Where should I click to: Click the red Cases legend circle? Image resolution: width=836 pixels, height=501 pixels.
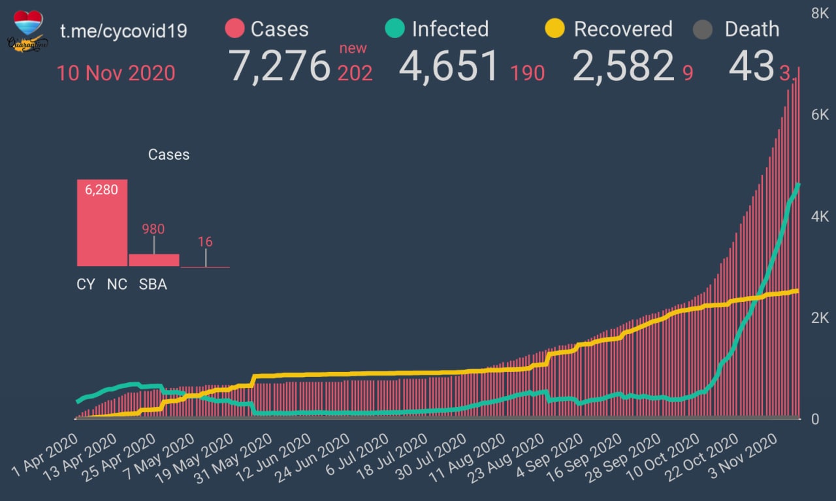[234, 29]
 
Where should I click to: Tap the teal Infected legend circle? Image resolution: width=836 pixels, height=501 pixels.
[395, 29]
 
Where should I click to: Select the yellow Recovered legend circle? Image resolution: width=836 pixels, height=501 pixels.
[555, 29]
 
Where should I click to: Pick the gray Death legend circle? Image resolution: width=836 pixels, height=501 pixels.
[703, 29]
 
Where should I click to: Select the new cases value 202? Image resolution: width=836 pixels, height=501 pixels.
[355, 72]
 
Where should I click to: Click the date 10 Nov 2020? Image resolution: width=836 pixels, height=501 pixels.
[116, 72]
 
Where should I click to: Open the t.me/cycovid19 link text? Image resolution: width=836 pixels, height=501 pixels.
[123, 31]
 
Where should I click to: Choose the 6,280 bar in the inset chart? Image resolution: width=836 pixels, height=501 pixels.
[102, 222]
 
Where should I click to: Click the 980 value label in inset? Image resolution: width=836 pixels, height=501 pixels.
[153, 229]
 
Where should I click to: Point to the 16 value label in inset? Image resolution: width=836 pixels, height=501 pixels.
[205, 242]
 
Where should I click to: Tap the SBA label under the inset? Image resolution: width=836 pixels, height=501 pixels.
[153, 285]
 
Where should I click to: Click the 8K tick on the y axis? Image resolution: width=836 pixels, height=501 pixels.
[820, 14]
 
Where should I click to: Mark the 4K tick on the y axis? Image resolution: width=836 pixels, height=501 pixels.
[820, 217]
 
